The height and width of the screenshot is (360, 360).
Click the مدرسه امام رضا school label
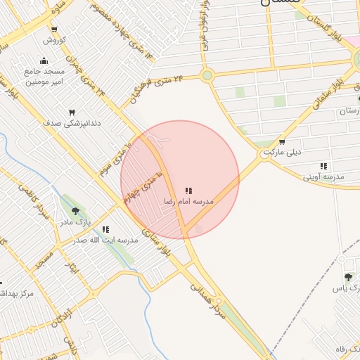click(x=188, y=202)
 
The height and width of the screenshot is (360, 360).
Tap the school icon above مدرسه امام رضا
click(x=188, y=191)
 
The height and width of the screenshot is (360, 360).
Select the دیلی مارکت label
click(x=282, y=152)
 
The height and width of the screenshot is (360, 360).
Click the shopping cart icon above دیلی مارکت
click(x=282, y=141)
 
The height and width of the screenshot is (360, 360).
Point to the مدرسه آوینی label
click(x=323, y=177)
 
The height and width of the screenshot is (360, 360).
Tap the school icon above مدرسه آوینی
click(x=323, y=167)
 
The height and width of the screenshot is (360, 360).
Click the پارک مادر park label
click(x=75, y=222)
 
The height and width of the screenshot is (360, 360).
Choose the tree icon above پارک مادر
click(x=76, y=211)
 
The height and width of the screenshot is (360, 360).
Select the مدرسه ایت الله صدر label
click(x=105, y=240)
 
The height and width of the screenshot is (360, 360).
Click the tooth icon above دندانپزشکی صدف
click(x=70, y=112)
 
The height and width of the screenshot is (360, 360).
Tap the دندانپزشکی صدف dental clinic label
click(x=70, y=123)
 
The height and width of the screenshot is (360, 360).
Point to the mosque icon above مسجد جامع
click(x=44, y=60)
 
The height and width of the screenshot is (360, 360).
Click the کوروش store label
click(x=54, y=39)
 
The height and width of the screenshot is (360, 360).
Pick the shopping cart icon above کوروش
click(x=54, y=29)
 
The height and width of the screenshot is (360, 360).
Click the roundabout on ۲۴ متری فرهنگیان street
click(x=207, y=75)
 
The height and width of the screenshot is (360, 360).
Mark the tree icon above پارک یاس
click(x=349, y=278)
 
